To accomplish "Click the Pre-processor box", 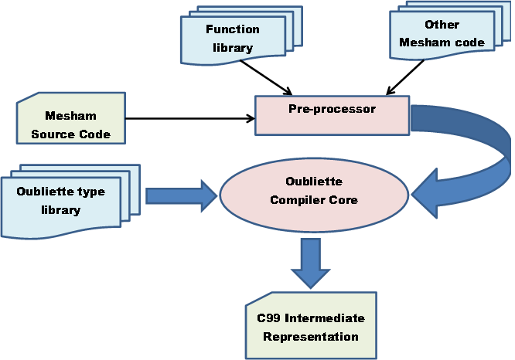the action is click(332, 115).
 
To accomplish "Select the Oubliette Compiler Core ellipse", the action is click(314, 195).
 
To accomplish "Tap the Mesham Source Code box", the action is click(71, 118).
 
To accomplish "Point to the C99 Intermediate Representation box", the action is click(311, 325).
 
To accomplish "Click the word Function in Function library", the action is click(233, 29).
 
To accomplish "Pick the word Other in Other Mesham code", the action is click(442, 25).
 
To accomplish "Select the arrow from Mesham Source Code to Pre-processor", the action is click(190, 118).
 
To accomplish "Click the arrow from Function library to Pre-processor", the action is click(266, 78).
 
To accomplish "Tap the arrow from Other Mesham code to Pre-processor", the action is click(405, 77).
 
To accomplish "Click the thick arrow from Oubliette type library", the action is click(181, 196).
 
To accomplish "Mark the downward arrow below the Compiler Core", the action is click(311, 263).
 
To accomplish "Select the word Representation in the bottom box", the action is click(311, 337).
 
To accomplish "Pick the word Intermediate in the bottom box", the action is click(325, 318).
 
